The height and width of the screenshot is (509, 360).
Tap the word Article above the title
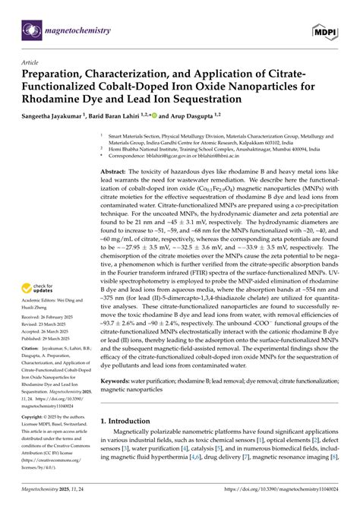[x=30, y=62]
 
